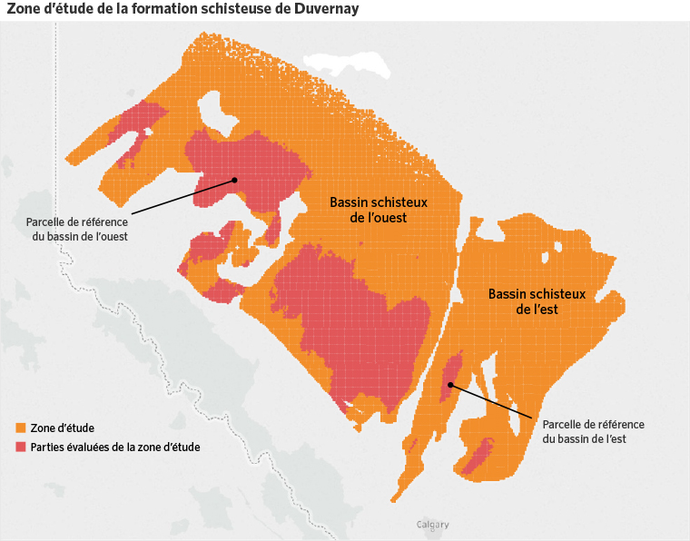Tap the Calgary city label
[432, 525]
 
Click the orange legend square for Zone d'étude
[21, 428]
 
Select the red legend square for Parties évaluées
[21, 447]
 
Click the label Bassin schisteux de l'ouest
[378, 211]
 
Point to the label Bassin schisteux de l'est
[537, 301]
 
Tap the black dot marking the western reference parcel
[234, 180]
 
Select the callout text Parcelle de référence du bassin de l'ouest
[77, 229]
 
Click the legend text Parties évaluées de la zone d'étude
[115, 447]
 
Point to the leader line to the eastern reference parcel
[490, 400]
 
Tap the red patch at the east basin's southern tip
[477, 457]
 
